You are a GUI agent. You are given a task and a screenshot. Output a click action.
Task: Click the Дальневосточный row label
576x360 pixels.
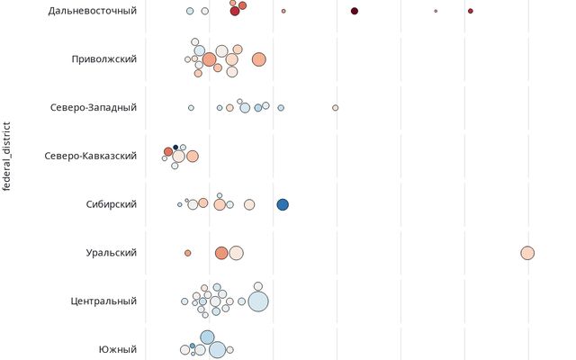(93, 11)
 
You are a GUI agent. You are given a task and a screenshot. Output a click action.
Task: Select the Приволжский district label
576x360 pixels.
(104, 59)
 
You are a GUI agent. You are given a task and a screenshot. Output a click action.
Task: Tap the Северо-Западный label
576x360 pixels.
(94, 108)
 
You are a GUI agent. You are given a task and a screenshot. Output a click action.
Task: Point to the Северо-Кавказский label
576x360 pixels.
(90, 156)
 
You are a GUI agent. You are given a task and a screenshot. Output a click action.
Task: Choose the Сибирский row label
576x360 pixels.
(111, 204)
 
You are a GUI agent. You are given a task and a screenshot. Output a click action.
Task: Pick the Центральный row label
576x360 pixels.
(103, 301)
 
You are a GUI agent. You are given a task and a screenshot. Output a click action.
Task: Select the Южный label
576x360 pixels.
(118, 349)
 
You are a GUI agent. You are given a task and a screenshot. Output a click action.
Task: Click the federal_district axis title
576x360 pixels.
(8, 157)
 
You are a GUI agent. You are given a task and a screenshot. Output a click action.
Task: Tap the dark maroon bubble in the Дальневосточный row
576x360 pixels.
(355, 11)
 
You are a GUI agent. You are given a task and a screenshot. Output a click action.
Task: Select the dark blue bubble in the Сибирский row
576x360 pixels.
(283, 204)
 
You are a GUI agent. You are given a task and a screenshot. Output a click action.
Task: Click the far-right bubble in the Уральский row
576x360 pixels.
(527, 253)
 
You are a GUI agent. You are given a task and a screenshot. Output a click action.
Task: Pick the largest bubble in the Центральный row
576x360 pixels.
(257, 301)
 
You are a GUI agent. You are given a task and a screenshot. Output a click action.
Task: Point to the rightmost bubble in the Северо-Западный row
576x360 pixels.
(336, 108)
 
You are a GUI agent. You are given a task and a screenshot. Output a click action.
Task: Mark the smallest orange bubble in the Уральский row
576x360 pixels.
(187, 253)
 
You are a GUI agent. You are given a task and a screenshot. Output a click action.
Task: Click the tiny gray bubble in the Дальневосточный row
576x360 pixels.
(436, 11)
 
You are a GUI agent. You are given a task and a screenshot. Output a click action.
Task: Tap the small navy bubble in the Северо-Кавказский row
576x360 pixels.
(175, 148)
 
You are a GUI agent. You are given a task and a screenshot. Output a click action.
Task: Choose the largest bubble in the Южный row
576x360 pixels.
(217, 349)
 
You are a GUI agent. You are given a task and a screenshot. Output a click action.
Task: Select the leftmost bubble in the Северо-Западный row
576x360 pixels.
(191, 108)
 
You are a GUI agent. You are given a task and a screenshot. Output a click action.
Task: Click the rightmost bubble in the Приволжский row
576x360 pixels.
(259, 59)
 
